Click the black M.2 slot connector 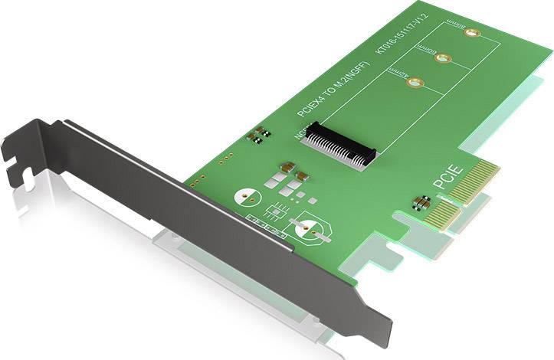(343, 145)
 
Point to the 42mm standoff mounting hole (415, 82)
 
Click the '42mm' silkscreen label (397, 72)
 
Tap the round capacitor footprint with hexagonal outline (310, 231)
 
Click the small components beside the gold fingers (419, 203)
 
